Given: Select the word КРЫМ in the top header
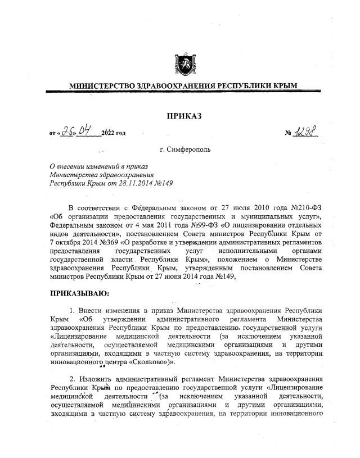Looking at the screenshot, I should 283,86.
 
